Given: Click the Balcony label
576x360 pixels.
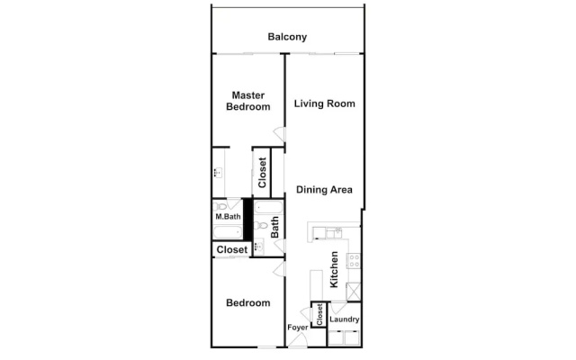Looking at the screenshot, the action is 287,37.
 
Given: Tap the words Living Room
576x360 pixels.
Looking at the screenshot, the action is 324,103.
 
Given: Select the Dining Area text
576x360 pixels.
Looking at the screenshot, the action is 324,190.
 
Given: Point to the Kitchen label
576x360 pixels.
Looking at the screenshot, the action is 334,269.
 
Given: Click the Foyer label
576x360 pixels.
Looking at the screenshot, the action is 298,328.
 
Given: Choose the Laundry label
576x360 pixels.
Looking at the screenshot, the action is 344,319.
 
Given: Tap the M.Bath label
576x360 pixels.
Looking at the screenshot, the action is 228,216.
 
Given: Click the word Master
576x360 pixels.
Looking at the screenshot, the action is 248,95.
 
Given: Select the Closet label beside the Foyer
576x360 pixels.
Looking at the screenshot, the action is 319,314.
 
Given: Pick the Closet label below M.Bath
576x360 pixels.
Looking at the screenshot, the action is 232,250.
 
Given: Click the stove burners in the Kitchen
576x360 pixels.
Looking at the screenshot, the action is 355,260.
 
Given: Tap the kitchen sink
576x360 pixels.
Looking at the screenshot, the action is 334,233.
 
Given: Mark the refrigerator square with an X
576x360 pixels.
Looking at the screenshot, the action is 354,292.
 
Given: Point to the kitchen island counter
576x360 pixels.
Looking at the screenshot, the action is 316,285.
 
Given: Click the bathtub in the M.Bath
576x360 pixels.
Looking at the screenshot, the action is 228,233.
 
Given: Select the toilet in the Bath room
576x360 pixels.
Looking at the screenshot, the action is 262,225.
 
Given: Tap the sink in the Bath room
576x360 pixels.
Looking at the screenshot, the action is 259,246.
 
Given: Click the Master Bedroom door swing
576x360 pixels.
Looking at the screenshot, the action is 279,134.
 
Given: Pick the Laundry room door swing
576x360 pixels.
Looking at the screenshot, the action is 338,308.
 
